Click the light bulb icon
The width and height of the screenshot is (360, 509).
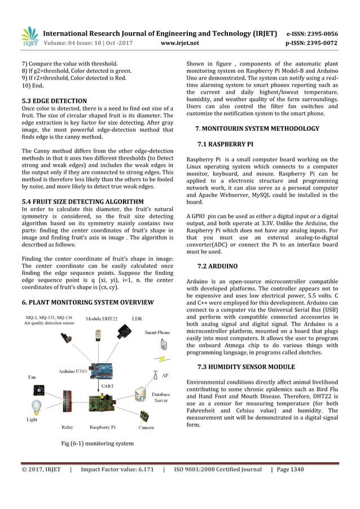click(x=37, y=407)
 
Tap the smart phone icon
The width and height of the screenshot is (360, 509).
click(x=164, y=345)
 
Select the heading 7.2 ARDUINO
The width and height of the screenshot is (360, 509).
click(x=217, y=265)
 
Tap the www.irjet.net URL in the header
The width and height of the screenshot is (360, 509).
click(x=180, y=42)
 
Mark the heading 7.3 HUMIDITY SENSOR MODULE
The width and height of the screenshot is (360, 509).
click(x=246, y=367)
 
